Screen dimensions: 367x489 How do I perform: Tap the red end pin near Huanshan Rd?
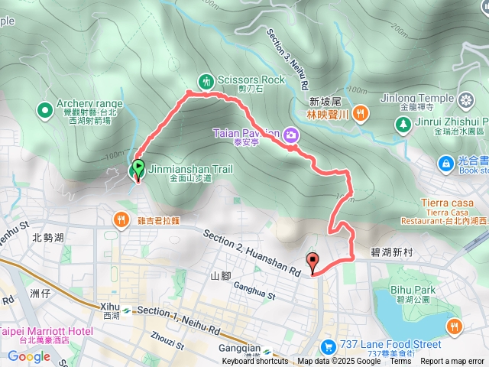coord(313,261)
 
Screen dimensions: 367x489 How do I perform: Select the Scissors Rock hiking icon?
coord(206,80)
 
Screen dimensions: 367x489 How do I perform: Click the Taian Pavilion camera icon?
coord(291,135)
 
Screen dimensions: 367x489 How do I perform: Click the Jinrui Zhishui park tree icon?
coord(404,122)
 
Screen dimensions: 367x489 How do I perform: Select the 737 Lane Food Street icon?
coord(329,346)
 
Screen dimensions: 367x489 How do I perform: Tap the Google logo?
coord(29,356)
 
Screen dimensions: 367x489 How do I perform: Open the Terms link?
coord(400,362)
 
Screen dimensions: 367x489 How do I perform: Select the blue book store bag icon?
coord(445,163)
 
